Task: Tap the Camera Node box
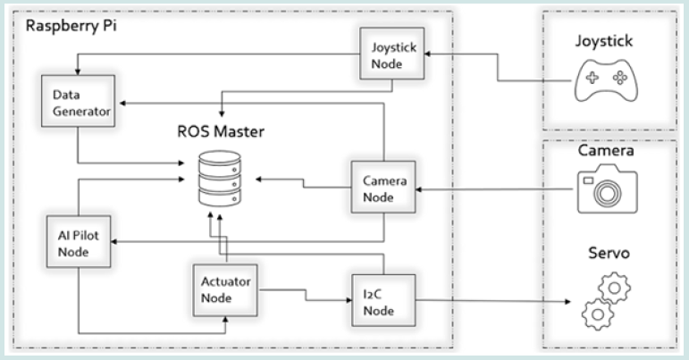tap(383, 188)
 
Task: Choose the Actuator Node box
tap(224, 289)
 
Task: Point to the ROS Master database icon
tap(219, 179)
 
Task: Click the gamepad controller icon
tap(601, 82)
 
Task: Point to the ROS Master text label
tap(220, 135)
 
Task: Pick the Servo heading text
tap(607, 254)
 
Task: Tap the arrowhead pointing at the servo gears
tap(569, 302)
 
